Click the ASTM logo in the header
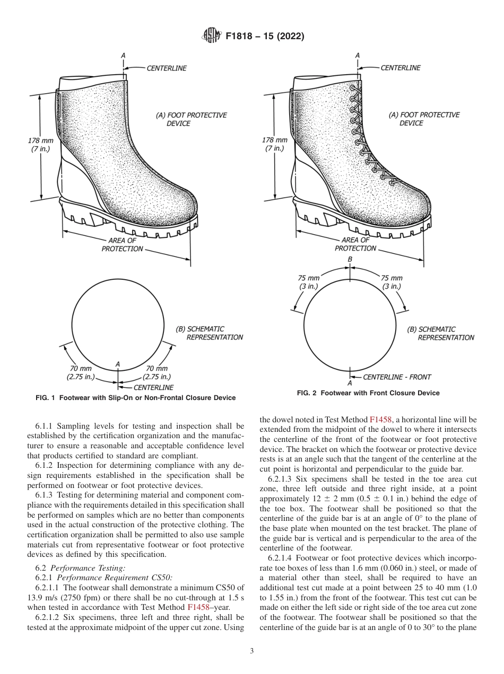(212, 36)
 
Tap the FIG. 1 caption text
(135, 398)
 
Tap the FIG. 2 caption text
(368, 393)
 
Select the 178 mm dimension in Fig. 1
(40, 145)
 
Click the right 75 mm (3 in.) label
(392, 282)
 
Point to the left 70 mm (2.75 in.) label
(81, 373)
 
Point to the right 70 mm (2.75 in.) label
(157, 373)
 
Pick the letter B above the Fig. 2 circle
(350, 259)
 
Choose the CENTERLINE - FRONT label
(397, 377)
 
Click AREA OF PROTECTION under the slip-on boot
(123, 245)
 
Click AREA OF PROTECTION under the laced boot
(356, 244)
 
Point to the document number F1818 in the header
(242, 37)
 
